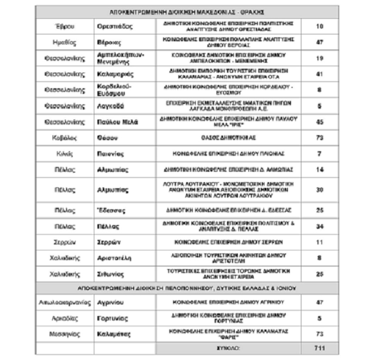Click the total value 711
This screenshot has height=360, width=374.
319,348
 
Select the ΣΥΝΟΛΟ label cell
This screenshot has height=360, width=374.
228,348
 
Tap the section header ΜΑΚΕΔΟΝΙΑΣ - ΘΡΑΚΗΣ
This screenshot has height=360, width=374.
187,12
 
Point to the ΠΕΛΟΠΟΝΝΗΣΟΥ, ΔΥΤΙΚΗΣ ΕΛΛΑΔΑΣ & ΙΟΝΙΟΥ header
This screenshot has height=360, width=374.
187,288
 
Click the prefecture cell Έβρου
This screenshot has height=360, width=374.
65,26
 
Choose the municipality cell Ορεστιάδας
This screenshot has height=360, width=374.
115,26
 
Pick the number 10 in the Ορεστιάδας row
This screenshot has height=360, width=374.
319,26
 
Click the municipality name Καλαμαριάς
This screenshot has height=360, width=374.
115,74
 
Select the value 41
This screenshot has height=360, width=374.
319,74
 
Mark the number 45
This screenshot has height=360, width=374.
319,122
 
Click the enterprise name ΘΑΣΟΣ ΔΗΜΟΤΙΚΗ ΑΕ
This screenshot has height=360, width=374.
228,138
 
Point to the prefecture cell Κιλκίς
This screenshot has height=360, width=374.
65,154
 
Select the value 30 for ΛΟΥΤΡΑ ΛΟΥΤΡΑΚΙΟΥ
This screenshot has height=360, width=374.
319,190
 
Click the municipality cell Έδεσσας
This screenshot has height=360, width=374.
112,211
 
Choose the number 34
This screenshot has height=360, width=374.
319,227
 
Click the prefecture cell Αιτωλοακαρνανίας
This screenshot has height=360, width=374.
65,303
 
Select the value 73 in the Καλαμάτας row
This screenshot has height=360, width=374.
319,334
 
